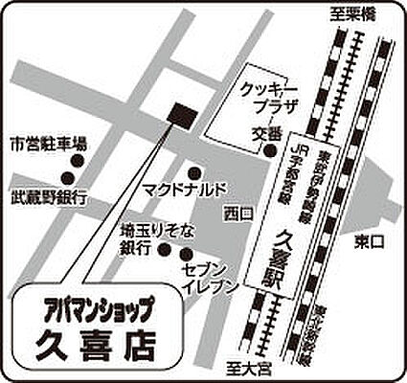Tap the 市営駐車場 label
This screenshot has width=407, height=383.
(48, 145)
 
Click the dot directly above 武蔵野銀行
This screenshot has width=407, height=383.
(69, 176)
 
